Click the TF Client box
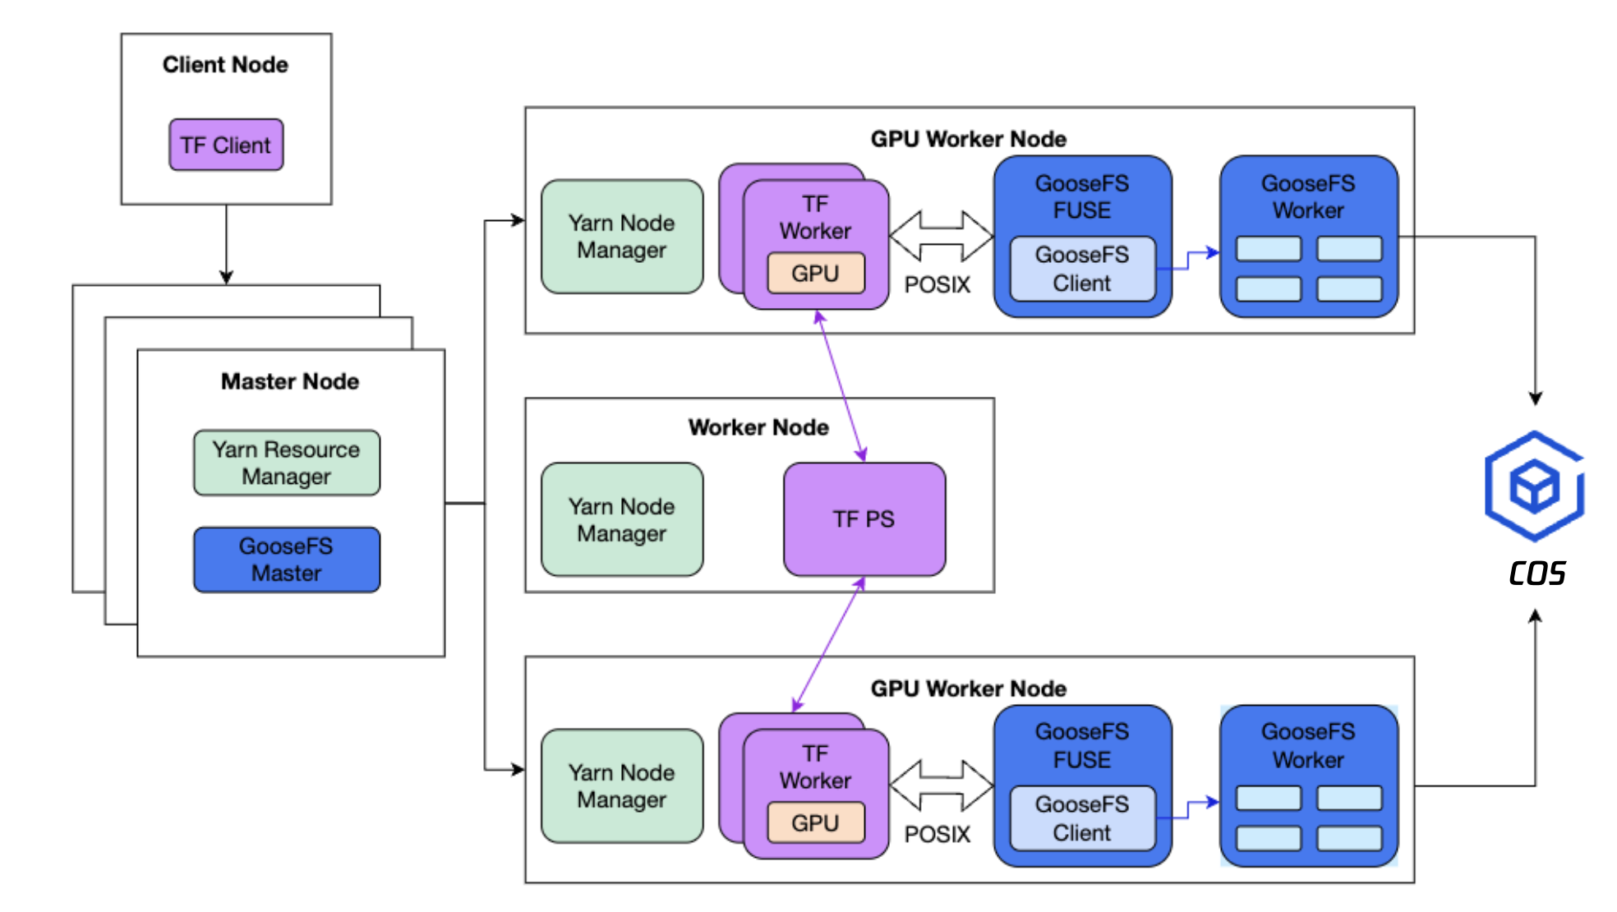pos(226,145)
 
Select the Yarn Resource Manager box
pos(286,463)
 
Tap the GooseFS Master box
pos(286,560)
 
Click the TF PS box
pos(864,518)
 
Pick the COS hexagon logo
pos(1534,486)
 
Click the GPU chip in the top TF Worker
pos(815,273)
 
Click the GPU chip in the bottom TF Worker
pos(815,822)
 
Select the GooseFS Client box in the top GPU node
pos(1082,269)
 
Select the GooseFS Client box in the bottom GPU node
pos(1082,818)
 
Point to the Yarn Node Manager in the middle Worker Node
pos(622,519)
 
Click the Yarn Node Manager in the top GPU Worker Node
pos(622,237)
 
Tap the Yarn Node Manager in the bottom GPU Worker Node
pos(622,785)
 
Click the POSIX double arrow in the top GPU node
pos(941,236)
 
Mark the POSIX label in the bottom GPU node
pos(937,834)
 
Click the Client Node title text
pos(225,64)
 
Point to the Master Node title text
pos(290,381)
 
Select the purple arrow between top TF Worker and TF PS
pos(840,386)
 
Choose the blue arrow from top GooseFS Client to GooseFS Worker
pos(1189,260)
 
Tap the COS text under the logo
pos(1536,573)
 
